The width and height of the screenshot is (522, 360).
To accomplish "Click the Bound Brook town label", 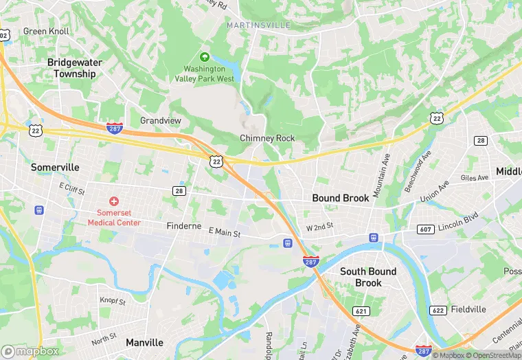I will click(341, 198).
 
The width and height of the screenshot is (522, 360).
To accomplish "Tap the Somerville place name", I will click(56, 167).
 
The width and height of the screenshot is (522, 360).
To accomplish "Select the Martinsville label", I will click(258, 25).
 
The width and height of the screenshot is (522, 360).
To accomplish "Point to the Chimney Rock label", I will click(267, 138).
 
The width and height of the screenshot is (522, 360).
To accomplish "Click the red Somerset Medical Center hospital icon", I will click(114, 201).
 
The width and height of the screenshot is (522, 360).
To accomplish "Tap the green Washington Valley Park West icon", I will click(204, 57).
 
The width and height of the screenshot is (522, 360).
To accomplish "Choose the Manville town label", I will click(144, 342).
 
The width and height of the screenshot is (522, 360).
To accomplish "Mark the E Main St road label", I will click(225, 234).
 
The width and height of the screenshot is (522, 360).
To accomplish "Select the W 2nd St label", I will click(319, 226).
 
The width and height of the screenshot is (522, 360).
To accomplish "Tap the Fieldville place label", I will click(468, 310).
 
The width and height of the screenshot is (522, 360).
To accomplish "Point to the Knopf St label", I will click(113, 302).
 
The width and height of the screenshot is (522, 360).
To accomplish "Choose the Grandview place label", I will click(161, 120).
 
